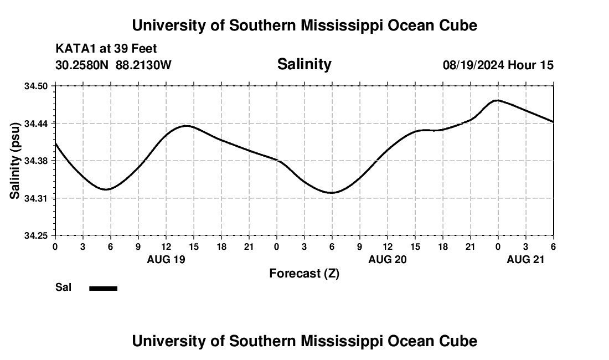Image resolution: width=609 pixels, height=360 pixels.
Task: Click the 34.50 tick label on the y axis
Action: click(37, 86)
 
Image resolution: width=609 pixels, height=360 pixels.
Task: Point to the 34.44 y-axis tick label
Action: click(37, 124)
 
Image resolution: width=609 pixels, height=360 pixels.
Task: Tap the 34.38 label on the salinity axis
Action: click(37, 161)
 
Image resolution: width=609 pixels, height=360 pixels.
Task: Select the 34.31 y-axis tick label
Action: click(37, 198)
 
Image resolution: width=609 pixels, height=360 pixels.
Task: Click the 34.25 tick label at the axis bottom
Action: click(37, 236)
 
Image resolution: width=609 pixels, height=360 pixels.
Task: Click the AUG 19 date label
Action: click(166, 259)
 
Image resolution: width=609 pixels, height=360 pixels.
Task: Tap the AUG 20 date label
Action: click(388, 259)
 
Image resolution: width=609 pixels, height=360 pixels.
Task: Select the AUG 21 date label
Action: click(526, 259)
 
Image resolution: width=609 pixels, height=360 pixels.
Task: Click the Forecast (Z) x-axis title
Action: click(304, 274)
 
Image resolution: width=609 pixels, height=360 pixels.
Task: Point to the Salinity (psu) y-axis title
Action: click(16, 161)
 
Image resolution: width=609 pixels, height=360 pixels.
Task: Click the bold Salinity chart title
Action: click(304, 64)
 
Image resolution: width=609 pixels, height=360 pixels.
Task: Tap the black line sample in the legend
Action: click(104, 288)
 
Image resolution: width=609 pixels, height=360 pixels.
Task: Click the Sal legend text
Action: click(63, 287)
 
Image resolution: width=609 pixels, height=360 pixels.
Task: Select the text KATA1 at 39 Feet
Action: click(106, 49)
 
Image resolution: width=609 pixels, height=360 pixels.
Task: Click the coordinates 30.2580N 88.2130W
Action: click(113, 65)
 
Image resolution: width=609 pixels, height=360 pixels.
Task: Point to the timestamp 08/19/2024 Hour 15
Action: click(498, 65)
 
